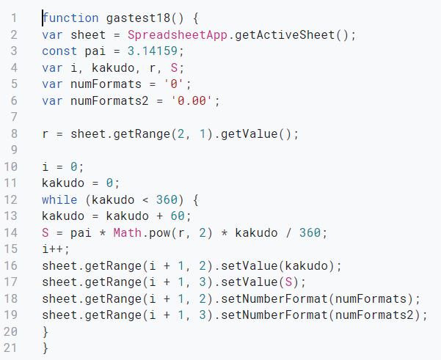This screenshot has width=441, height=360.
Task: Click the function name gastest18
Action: [138, 18]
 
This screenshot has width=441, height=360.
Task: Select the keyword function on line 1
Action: [70, 18]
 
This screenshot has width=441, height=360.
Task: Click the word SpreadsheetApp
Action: [178, 35]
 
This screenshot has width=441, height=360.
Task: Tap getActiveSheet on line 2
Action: [285, 35]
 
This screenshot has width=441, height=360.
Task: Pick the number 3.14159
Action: [153, 51]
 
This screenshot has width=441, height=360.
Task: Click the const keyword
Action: [59, 51]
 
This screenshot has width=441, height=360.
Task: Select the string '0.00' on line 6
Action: [192, 100]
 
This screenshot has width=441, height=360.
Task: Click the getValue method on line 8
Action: [249, 133]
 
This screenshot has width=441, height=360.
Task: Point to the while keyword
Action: [59, 200]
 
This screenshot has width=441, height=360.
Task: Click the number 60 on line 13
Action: [178, 216]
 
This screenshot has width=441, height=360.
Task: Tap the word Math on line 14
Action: [128, 232]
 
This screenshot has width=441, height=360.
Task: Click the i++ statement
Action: [56, 249]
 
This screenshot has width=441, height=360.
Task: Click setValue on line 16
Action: [249, 265]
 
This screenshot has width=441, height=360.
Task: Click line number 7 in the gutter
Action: [14, 117]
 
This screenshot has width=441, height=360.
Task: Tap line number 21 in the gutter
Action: [10, 348]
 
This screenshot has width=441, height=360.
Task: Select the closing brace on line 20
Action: [45, 332]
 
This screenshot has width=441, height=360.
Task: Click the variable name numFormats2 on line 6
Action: [109, 100]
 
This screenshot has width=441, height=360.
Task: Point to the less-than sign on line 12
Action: [145, 200]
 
